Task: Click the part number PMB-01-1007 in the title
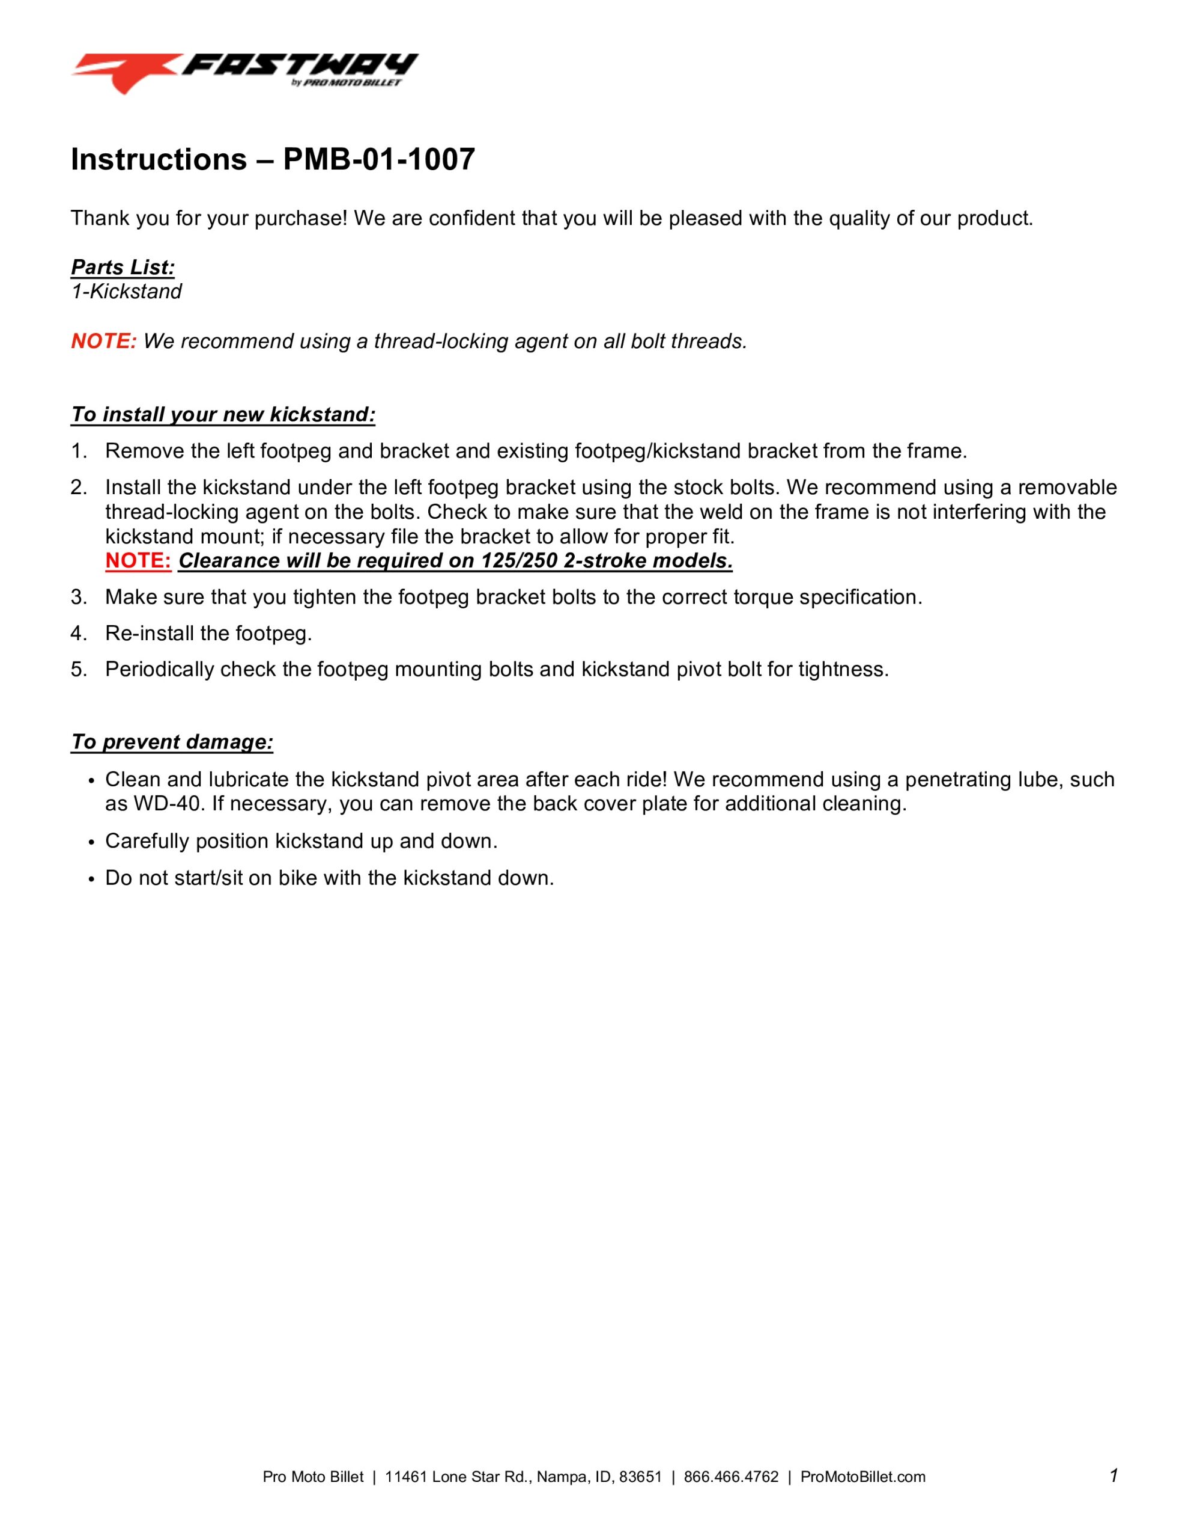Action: pyautogui.click(x=379, y=160)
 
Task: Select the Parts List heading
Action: pyautogui.click(x=123, y=267)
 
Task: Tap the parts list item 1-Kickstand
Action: pyautogui.click(x=126, y=292)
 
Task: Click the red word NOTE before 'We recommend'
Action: pyautogui.click(x=103, y=341)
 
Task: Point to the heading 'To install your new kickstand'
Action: pyautogui.click(x=223, y=414)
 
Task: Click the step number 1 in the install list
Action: pyautogui.click(x=77, y=451)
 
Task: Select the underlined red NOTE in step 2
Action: pyautogui.click(x=138, y=561)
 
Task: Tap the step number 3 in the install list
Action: pyautogui.click(x=77, y=598)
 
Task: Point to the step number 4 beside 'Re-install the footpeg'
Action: pyautogui.click(x=77, y=634)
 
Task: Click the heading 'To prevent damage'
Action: pyautogui.click(x=172, y=742)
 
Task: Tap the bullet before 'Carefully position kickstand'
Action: pyautogui.click(x=91, y=843)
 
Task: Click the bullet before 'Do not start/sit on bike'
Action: pyautogui.click(x=91, y=880)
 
